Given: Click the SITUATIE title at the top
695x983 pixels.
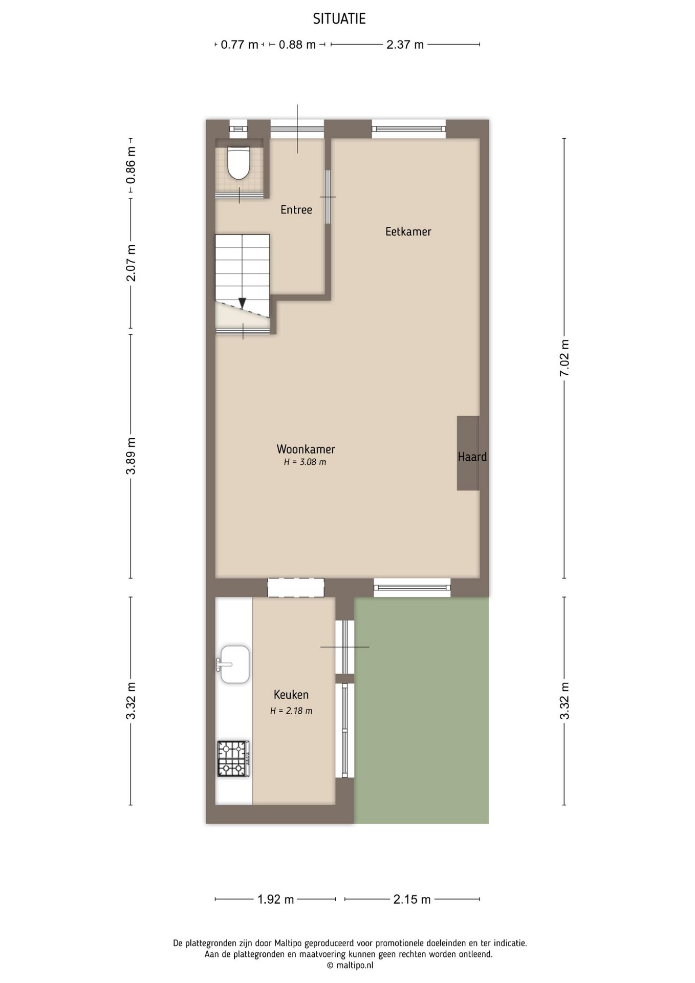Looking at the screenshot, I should click(x=339, y=19).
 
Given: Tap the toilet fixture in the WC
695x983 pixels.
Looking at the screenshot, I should click(x=238, y=162).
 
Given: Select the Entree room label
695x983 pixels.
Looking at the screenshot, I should click(x=296, y=210).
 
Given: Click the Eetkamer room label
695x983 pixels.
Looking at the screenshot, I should click(x=408, y=232).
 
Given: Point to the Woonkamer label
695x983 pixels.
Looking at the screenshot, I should click(x=306, y=450).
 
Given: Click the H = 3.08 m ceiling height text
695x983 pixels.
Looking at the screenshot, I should click(x=305, y=462).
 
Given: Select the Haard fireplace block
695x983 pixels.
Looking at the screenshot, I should click(x=468, y=454).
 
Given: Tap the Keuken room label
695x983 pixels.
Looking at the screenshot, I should click(x=291, y=695).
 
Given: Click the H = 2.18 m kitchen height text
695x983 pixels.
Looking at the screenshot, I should click(x=291, y=711).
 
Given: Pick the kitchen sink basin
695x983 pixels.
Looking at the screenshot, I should click(x=235, y=665).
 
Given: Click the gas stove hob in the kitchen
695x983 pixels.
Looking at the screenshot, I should click(x=233, y=759).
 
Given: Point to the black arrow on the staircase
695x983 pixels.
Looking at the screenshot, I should click(x=242, y=303).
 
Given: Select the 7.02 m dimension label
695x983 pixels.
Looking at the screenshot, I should click(x=564, y=358).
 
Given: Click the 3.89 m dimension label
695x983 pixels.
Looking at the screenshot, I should click(x=131, y=456).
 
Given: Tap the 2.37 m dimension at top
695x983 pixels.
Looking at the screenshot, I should click(x=405, y=45).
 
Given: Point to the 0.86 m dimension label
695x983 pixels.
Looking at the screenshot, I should click(x=131, y=165).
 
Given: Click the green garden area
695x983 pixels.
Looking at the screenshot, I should click(x=421, y=712).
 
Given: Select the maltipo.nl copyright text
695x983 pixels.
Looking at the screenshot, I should click(x=350, y=966).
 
